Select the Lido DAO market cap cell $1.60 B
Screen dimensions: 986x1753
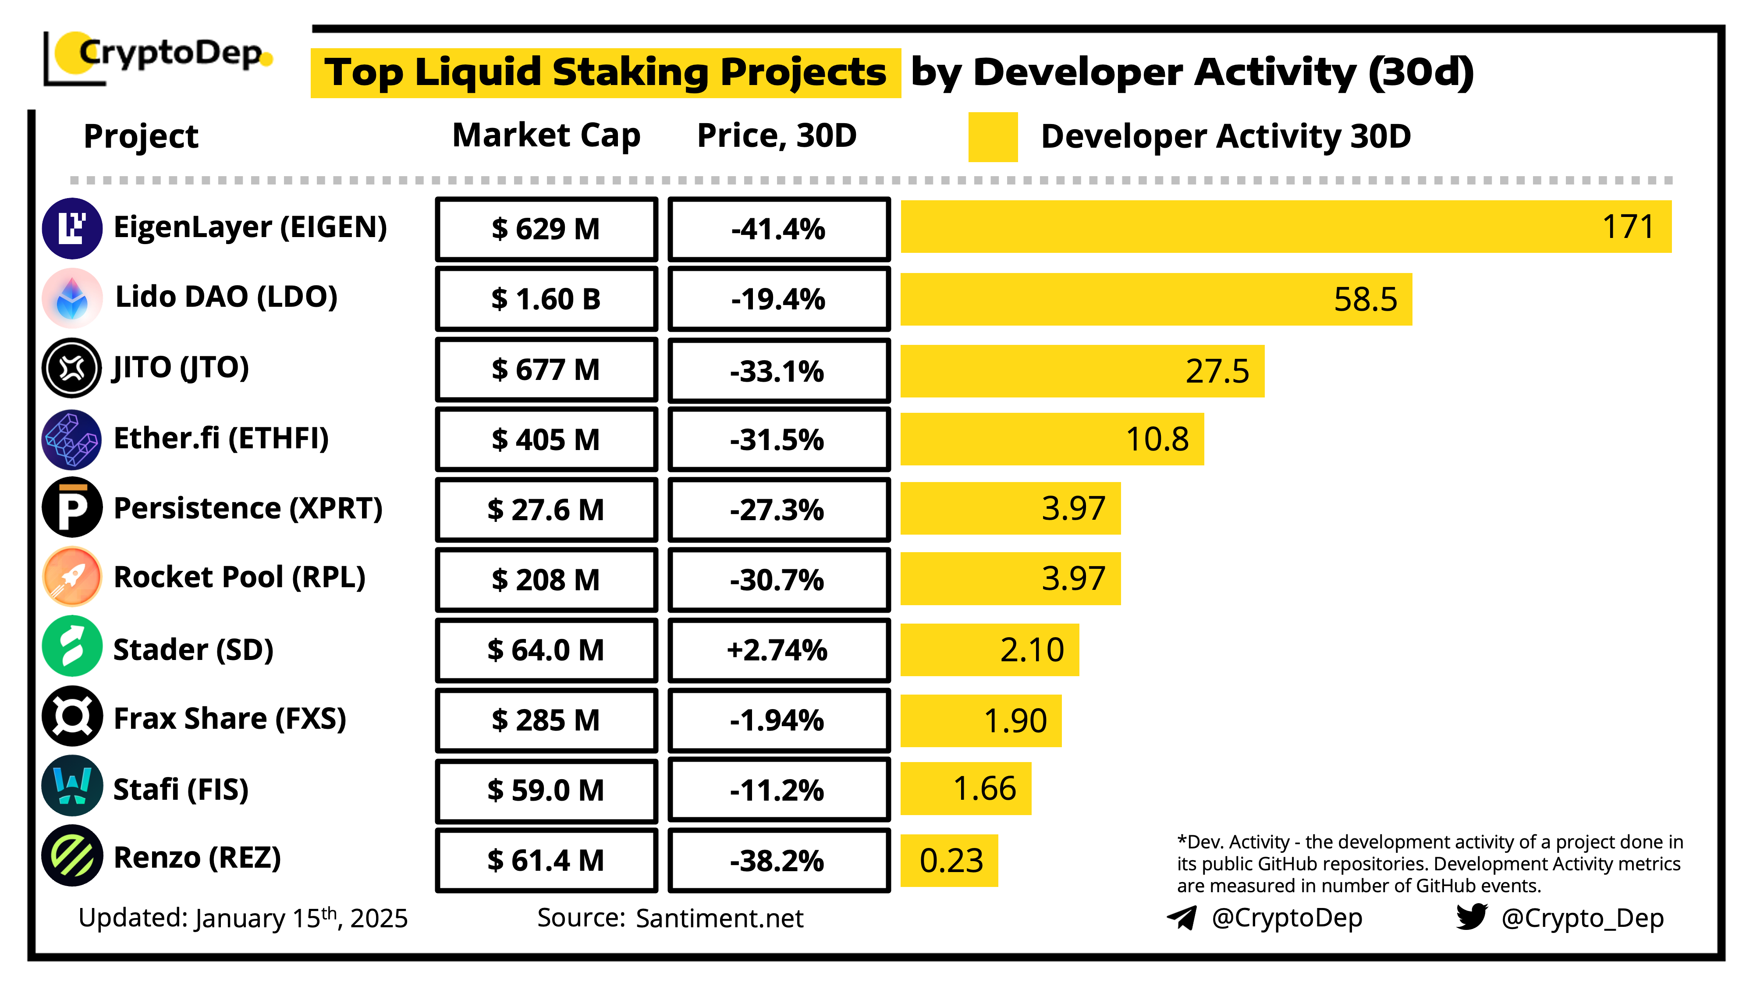(546, 299)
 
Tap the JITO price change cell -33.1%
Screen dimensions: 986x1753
(778, 371)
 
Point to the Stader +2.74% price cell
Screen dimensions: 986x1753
(778, 650)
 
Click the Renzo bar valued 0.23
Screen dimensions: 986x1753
(949, 860)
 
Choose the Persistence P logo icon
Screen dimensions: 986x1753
(72, 507)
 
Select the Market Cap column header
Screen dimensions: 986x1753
(546, 135)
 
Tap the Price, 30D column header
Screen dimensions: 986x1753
(777, 135)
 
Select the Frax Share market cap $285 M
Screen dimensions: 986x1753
(546, 720)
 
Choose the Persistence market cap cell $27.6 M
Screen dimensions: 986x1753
(546, 510)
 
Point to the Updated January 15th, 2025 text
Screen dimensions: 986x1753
(243, 918)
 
